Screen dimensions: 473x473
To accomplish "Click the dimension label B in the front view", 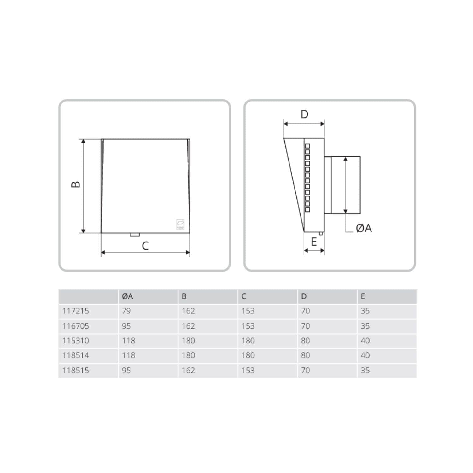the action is [x=76, y=184].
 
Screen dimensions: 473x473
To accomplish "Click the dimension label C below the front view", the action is [x=145, y=246].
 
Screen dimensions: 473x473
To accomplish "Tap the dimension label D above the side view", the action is [x=304, y=114].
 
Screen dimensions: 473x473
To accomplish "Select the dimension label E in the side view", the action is [x=314, y=242].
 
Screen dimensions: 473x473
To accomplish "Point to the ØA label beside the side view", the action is [x=364, y=228].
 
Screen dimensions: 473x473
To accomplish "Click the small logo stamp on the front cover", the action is [x=180, y=224].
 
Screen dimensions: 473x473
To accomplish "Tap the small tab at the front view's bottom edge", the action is [x=135, y=235].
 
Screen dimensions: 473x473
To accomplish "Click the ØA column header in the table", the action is [x=127, y=296].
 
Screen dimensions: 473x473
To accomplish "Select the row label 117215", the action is [x=76, y=311].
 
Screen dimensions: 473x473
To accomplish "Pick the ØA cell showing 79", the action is [x=126, y=311].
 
